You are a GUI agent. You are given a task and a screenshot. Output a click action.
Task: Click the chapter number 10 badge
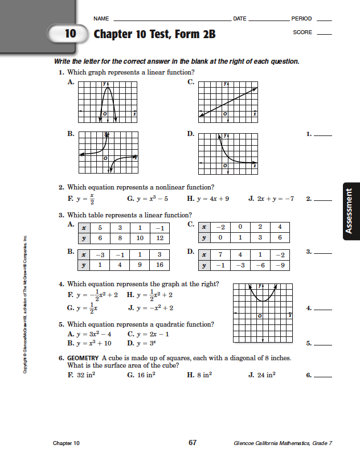tap(69, 34)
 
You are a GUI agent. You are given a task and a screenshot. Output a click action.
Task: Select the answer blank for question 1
tap(323, 135)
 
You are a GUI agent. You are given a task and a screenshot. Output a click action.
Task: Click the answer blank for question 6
tap(323, 375)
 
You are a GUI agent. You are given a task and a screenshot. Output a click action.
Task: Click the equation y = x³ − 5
tap(149, 199)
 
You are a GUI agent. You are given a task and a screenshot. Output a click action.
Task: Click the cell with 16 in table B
tap(159, 265)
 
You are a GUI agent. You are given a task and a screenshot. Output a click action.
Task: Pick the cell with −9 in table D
tap(279, 265)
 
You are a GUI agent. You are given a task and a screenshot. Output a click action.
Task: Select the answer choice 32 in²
tap(84, 375)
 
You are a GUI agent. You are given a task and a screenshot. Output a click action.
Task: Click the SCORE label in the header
tap(302, 32)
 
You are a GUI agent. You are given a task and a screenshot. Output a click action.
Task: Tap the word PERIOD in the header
tap(301, 19)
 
